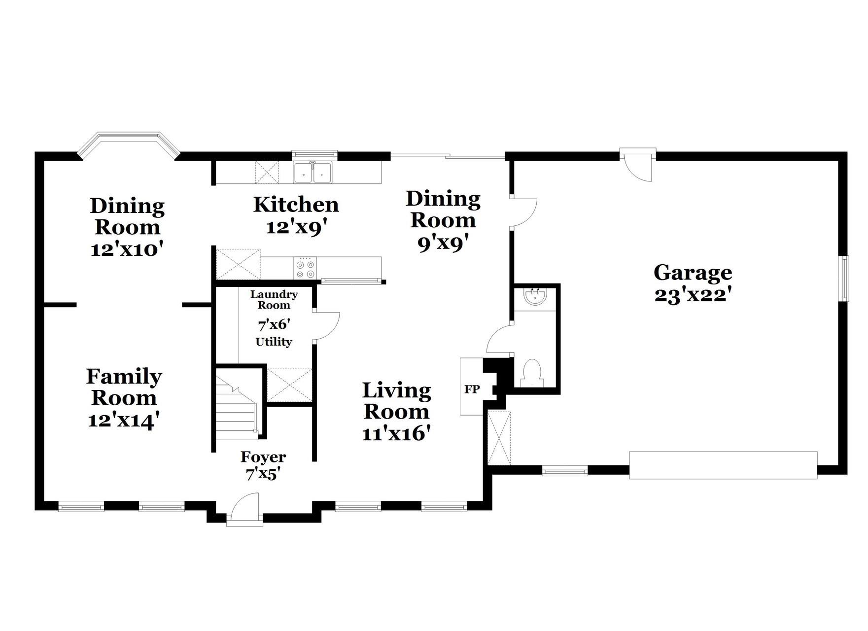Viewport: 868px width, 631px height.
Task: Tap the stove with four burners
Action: coord(305,269)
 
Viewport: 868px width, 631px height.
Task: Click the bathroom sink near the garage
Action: coord(535,297)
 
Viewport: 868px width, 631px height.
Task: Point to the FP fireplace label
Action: coord(472,389)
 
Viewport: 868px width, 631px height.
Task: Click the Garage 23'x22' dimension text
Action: coord(692,295)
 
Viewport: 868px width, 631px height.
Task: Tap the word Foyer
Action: coord(263,457)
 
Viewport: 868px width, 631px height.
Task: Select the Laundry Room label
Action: coord(274,300)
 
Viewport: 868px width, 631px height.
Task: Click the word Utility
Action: coord(274,342)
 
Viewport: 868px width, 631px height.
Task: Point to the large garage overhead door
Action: coord(723,465)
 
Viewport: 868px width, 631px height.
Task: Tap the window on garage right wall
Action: coord(845,278)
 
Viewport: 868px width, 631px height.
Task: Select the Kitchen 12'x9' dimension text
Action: coord(296,227)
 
